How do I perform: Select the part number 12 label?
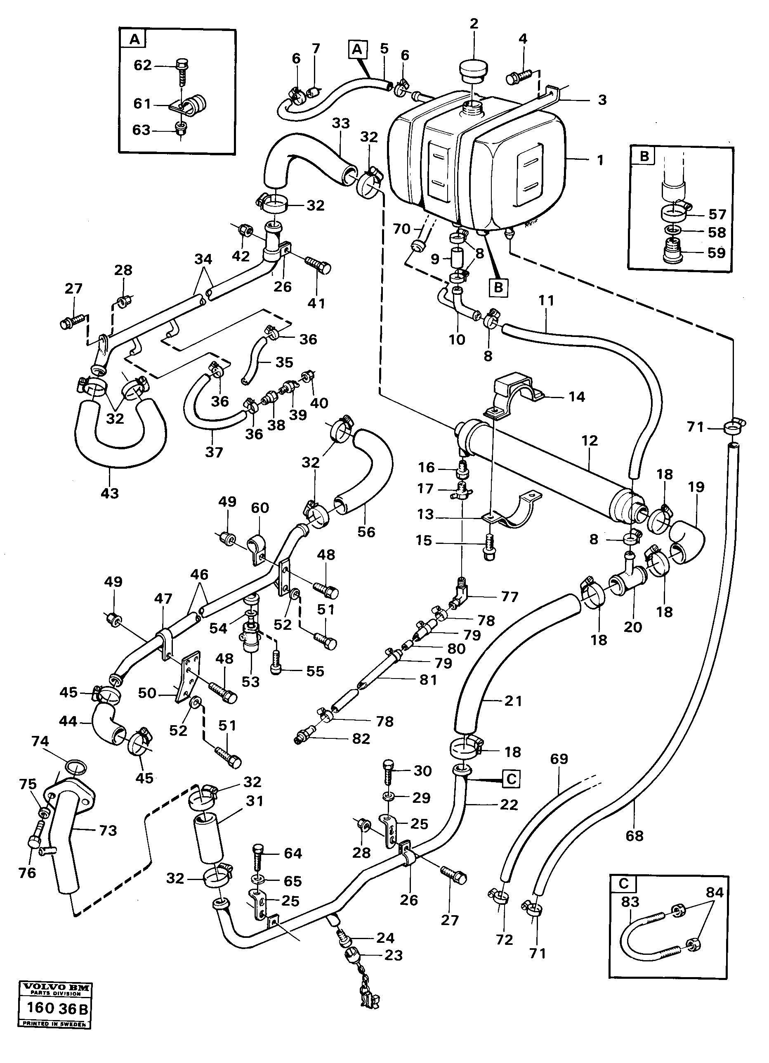tap(590, 441)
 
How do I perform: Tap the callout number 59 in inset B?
tap(717, 253)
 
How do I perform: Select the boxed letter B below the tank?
tap(498, 287)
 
